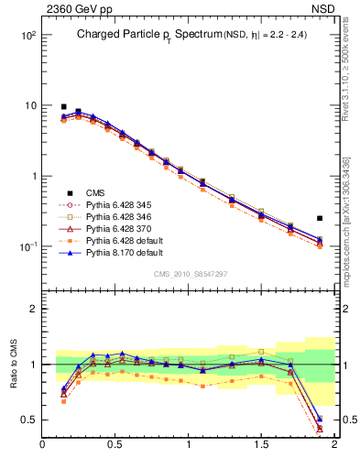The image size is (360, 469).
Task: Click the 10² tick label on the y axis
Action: pos(27,35)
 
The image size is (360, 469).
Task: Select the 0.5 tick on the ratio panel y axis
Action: pos(28,420)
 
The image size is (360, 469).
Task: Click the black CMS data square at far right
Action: pos(319,218)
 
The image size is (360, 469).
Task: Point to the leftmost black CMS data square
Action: pos(63,106)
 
